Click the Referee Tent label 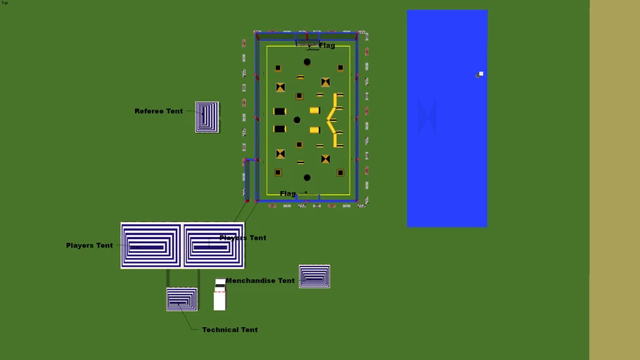click(x=159, y=111)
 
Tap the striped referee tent click(x=207, y=117)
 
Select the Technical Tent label click(x=230, y=330)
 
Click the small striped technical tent click(x=182, y=299)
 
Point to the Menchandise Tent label click(x=260, y=281)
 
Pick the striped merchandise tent click(x=314, y=276)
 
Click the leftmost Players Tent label click(x=89, y=245)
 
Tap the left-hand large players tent click(x=151, y=245)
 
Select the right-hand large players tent click(x=214, y=245)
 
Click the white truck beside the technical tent click(x=220, y=295)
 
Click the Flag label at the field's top click(x=327, y=46)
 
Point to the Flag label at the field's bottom click(x=288, y=193)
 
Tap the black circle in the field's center click(x=297, y=120)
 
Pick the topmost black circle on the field click(x=307, y=62)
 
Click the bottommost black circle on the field click(x=307, y=178)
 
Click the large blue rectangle click(x=447, y=141)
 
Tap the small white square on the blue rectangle click(x=481, y=74)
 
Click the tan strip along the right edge click(x=614, y=180)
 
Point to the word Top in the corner click(x=5, y=3)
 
